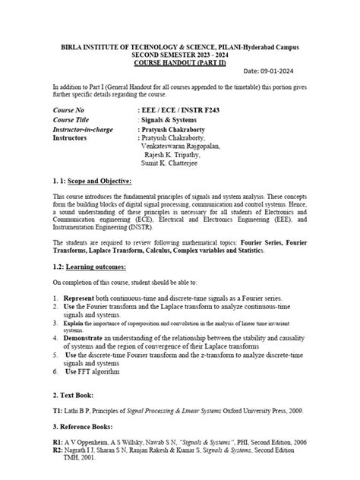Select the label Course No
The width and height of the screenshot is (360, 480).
pos(71,111)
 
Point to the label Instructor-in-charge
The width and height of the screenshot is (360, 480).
pos(84,129)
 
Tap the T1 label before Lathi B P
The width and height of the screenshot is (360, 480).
pos(57,410)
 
